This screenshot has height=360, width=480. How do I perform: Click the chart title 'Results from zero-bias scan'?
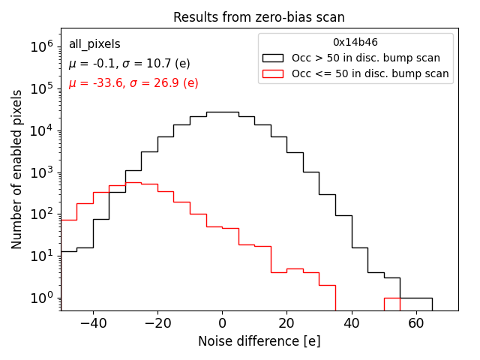259,17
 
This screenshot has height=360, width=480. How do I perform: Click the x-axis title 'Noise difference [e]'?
259,341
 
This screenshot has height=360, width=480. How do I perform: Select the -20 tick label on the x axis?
157,323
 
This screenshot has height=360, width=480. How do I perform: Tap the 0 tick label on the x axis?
222,323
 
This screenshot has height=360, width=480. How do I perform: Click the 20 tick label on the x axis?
286,323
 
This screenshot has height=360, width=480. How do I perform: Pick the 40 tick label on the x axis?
351,323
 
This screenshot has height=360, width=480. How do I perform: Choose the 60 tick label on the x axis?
415,323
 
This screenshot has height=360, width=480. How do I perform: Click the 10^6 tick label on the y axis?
43,46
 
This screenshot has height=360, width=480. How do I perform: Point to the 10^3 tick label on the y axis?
43,172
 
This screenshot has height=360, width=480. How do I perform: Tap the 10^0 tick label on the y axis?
43,298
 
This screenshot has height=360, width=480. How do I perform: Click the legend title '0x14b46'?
355,43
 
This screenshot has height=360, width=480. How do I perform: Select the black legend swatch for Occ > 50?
274,58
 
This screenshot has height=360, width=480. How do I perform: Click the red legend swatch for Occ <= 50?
274,73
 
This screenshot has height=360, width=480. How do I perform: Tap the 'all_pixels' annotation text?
94,44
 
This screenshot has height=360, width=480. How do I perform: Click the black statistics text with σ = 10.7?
129,64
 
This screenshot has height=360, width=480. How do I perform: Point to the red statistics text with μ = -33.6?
133,83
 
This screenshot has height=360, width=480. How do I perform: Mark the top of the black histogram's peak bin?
222,112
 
